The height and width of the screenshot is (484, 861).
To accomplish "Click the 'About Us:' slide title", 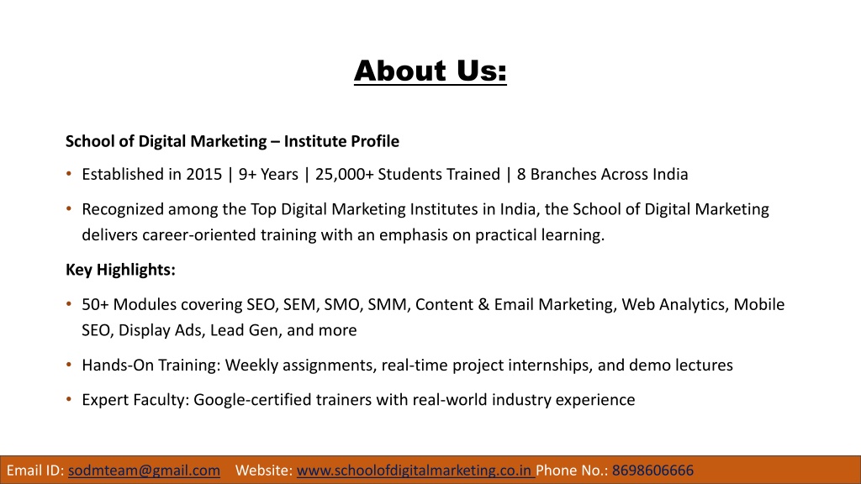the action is click(430, 71).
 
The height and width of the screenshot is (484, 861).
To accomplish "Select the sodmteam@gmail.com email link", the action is click(144, 471).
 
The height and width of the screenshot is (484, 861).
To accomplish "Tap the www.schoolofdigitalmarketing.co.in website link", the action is click(415, 471).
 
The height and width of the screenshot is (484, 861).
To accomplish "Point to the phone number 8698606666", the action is click(652, 471).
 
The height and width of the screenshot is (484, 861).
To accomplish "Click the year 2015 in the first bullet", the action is click(203, 175).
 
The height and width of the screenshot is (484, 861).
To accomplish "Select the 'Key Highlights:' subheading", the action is click(120, 270).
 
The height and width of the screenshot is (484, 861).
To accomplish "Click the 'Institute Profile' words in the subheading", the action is click(341, 141).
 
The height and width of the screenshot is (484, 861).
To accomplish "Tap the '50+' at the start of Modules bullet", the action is click(96, 304).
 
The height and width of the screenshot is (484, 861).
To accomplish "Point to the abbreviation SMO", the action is click(342, 304).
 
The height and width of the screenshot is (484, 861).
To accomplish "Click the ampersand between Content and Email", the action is click(483, 304).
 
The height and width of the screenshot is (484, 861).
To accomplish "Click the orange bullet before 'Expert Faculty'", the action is click(69, 399).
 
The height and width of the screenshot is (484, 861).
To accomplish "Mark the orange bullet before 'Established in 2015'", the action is click(69, 174).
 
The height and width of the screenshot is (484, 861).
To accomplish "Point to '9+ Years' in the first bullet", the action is click(268, 175).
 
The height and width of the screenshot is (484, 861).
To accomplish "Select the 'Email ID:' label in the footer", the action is click(35, 471).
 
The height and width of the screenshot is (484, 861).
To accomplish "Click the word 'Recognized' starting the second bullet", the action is click(123, 209).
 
